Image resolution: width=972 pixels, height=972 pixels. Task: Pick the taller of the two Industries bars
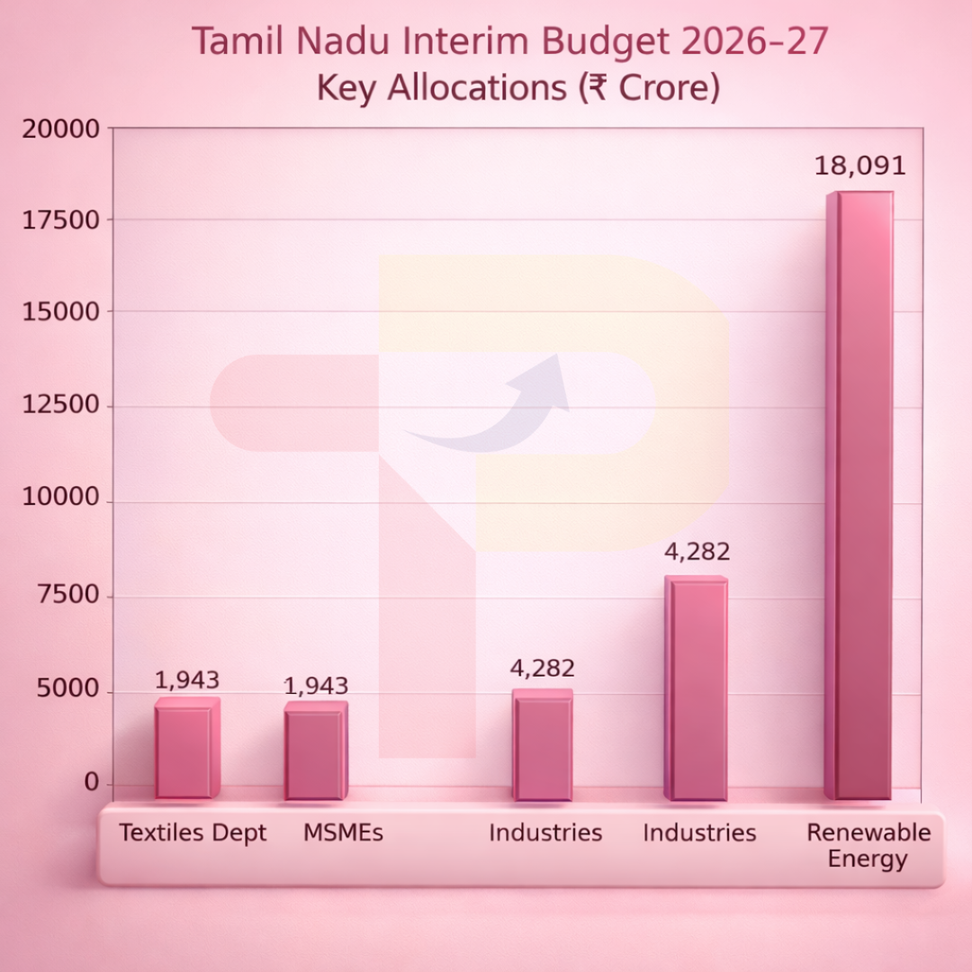(x=696, y=688)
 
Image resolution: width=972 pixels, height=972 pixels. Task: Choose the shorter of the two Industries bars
(x=543, y=745)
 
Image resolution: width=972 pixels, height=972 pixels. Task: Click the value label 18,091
(x=859, y=166)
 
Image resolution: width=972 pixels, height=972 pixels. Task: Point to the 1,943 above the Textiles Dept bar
(x=187, y=680)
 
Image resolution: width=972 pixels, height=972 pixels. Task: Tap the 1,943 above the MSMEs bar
(x=316, y=686)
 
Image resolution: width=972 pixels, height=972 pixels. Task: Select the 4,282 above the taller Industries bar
(x=697, y=552)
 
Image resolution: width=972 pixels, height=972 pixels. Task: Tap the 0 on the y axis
(x=91, y=783)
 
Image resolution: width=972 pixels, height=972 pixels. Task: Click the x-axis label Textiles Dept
(x=193, y=832)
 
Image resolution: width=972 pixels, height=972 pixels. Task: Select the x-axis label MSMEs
(x=343, y=832)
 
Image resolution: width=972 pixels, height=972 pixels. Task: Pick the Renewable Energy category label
(x=868, y=845)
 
